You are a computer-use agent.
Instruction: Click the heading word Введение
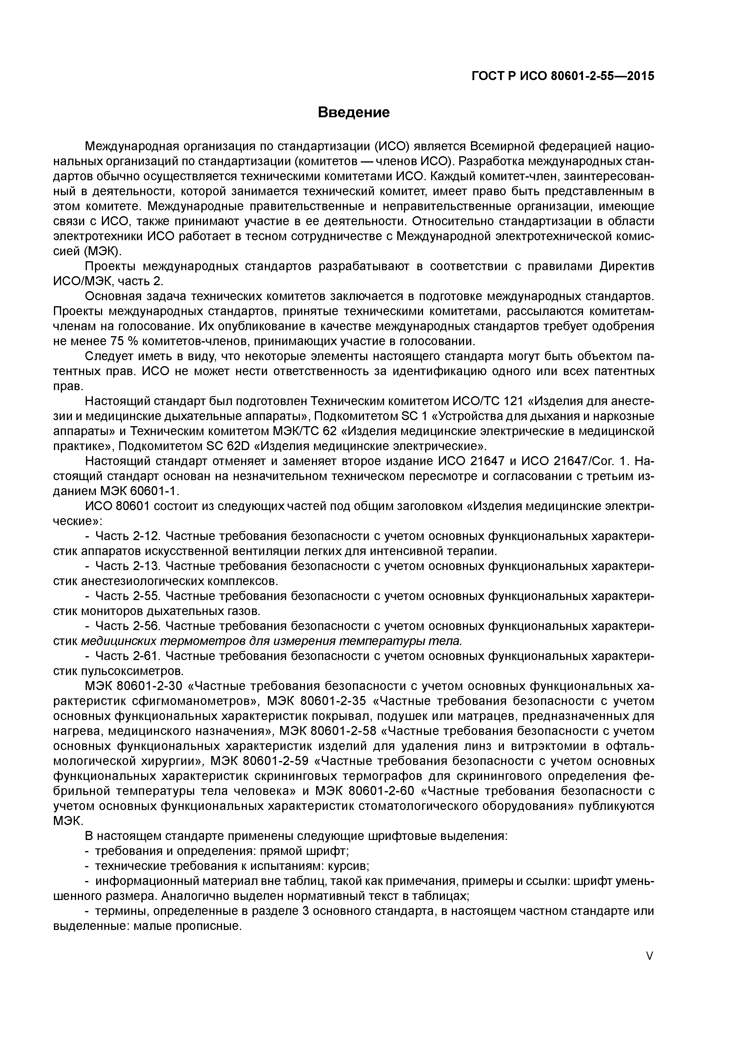(x=354, y=112)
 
